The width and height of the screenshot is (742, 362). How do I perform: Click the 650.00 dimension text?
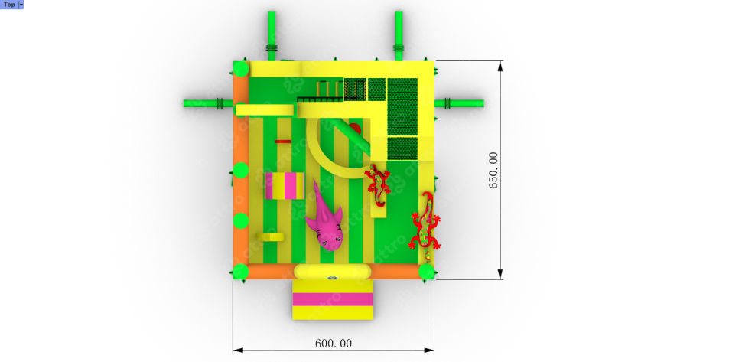(493, 171)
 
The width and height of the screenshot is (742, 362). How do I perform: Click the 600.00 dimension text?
(334, 344)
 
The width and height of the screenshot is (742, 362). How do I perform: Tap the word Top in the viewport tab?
(9, 5)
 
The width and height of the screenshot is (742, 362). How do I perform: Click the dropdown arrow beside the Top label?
(21, 5)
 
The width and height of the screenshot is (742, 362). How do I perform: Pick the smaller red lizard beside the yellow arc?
(378, 184)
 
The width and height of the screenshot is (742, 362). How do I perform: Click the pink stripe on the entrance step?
(333, 299)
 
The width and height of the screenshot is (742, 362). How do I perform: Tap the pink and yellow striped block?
(285, 186)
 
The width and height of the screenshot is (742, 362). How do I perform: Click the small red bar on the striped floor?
(283, 141)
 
